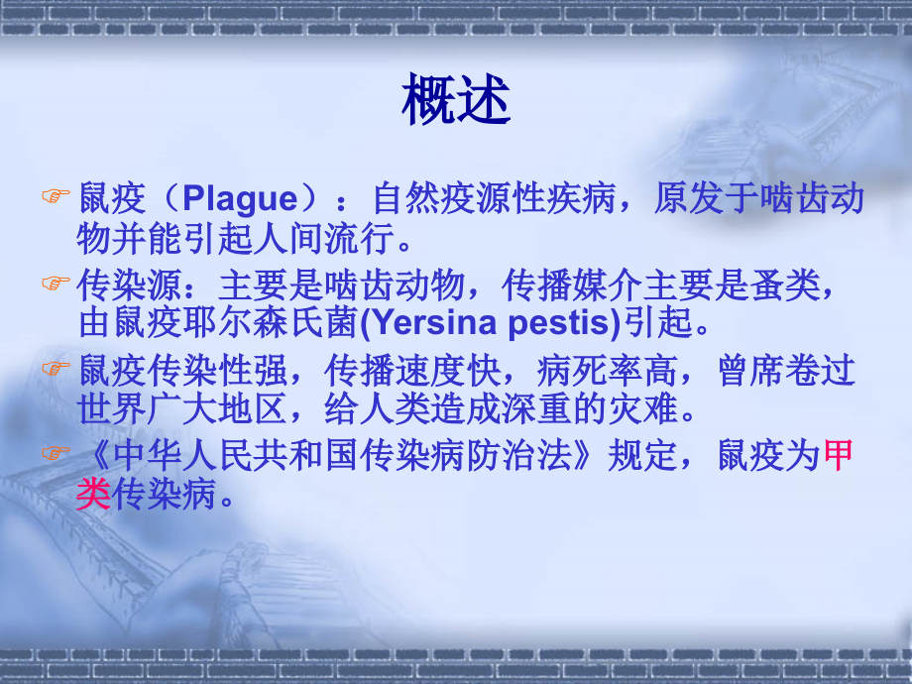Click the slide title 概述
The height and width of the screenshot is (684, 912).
pos(456,99)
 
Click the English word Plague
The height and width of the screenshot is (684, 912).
pos(240,199)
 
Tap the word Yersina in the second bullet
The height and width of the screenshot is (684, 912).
pos(433,323)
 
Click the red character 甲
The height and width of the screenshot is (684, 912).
pos(838,455)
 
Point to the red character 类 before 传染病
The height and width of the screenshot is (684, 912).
pos(93,495)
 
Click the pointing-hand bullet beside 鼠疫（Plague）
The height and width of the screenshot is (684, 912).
pos(56,196)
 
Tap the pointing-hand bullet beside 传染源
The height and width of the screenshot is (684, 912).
pos(56,283)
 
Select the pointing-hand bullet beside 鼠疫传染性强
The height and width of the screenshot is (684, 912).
pos(56,368)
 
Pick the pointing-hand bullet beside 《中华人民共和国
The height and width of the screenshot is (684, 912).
pos(56,452)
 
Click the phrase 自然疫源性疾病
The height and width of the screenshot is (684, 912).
pos(494,198)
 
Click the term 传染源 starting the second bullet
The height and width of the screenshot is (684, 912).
pos(129,285)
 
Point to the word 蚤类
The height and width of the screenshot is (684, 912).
pos(786,285)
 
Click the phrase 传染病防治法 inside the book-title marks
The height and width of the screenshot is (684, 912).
pos(465,455)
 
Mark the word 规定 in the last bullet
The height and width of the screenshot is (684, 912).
pos(642,455)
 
